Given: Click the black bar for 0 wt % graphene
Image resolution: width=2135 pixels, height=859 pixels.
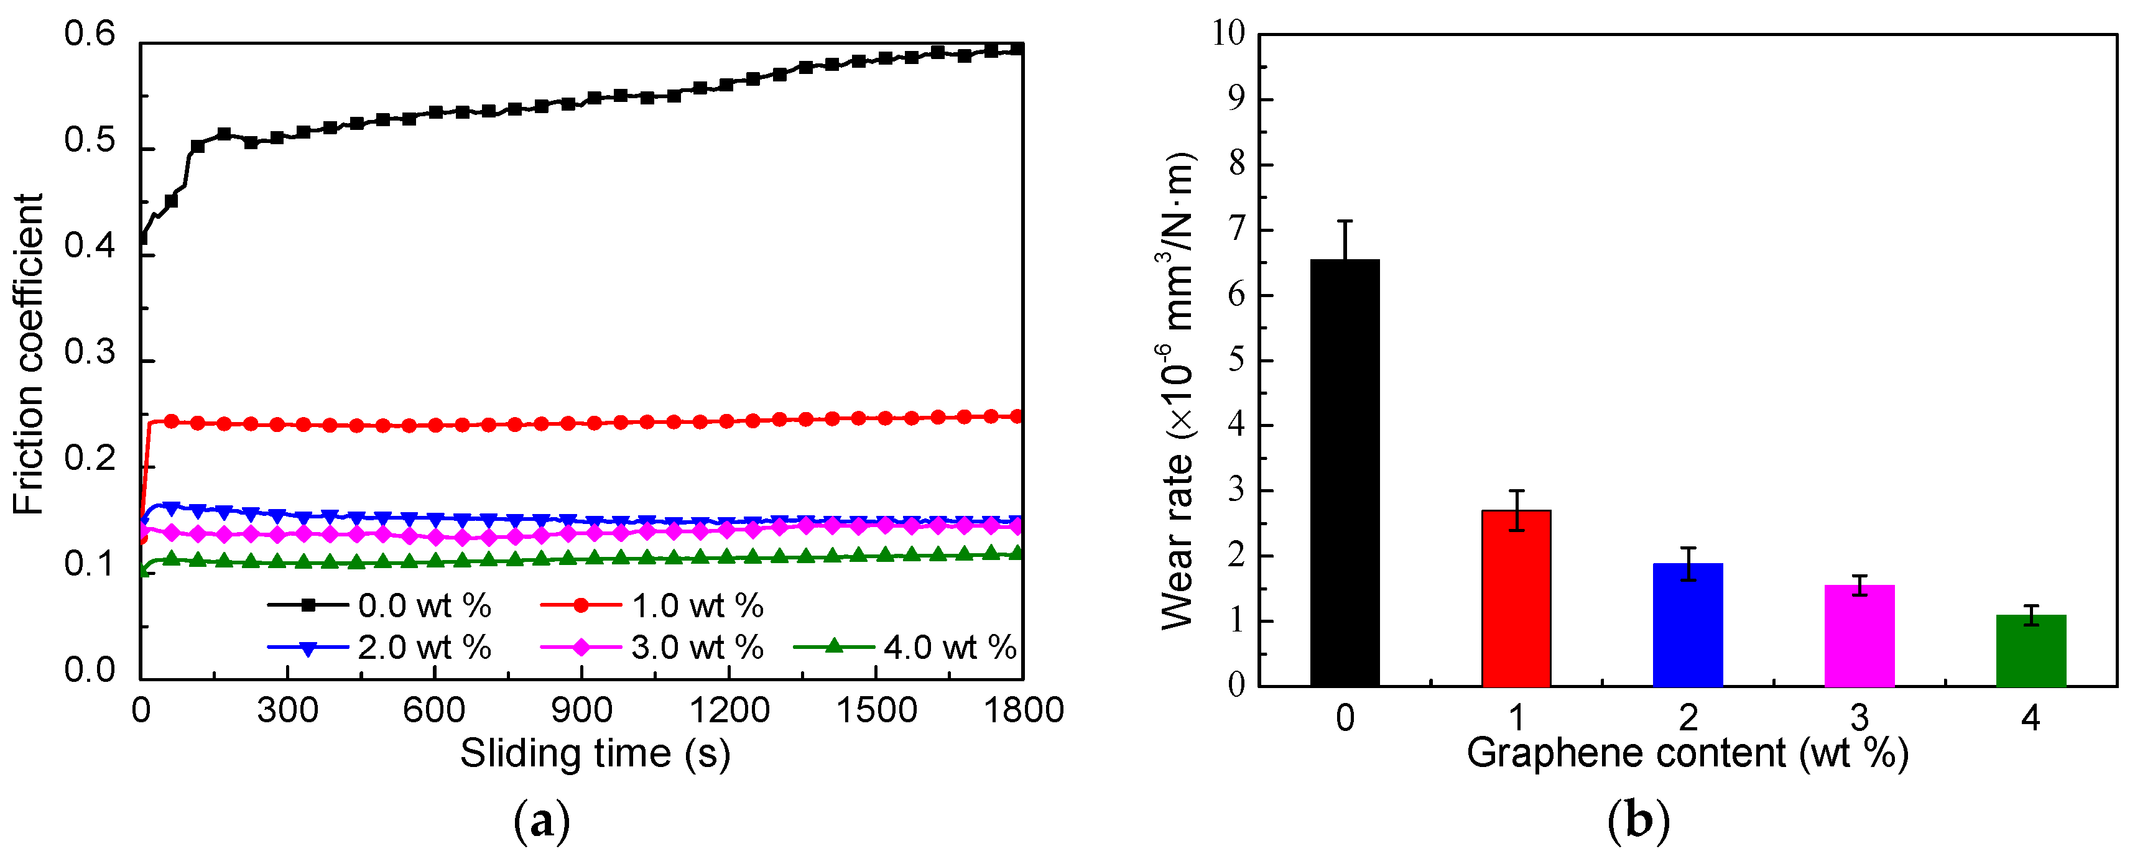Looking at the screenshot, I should (x=1345, y=472).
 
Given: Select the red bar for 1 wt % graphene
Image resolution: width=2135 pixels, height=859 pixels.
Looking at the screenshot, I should (x=1516, y=598).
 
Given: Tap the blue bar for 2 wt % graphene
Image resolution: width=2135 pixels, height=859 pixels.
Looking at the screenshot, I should (x=1687, y=625).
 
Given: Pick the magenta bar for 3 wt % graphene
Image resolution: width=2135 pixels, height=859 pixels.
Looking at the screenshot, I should (x=1859, y=635).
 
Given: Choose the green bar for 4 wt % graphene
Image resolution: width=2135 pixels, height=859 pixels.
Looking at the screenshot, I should (x=2031, y=650).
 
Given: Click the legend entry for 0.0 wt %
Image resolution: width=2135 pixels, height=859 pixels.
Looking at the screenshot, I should (x=381, y=605).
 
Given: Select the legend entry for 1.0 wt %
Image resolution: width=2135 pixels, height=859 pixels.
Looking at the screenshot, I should (x=653, y=605).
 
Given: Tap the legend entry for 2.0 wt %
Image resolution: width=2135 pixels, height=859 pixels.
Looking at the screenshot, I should (x=381, y=647).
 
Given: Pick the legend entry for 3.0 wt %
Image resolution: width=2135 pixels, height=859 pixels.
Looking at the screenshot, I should (x=653, y=647).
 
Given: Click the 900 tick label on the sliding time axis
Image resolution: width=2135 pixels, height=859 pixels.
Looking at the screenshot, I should (x=582, y=710).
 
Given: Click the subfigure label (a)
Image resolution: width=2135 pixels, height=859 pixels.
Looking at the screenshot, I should (x=542, y=822).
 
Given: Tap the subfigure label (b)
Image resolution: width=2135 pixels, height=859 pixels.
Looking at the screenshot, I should (x=1637, y=822).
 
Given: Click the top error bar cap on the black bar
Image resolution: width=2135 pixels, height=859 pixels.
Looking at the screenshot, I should (x=1345, y=221).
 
